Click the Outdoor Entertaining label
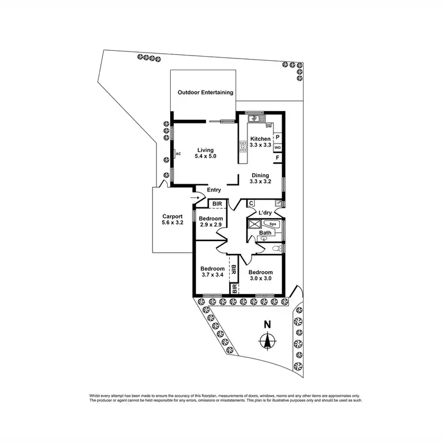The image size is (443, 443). (x=206, y=93)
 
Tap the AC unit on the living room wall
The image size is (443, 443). (x=177, y=154)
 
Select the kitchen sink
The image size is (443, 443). (x=255, y=118)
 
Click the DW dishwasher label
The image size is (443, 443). (x=269, y=126)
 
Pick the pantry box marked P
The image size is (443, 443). (x=278, y=136)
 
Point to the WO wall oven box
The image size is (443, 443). (x=278, y=147)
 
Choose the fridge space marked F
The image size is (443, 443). (x=278, y=158)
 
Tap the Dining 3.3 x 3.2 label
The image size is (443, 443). (x=260, y=178)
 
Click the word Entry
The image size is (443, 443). (x=214, y=190)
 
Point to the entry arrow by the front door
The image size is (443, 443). (x=196, y=197)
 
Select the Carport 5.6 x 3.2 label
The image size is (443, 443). (x=172, y=220)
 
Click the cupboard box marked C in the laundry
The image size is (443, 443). (x=251, y=204)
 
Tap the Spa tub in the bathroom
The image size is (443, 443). (x=272, y=224)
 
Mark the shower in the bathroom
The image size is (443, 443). (x=255, y=224)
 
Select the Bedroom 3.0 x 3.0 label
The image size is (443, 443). (x=260, y=276)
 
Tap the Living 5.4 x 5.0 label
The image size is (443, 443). (x=206, y=154)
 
